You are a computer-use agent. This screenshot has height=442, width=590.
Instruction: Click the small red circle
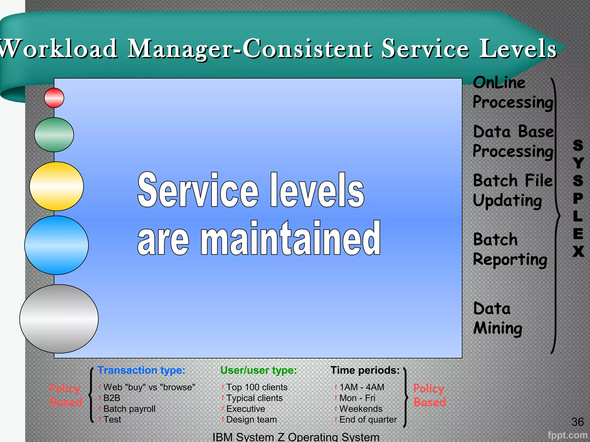coord(54,98)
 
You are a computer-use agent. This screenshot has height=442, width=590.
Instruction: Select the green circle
coord(54,135)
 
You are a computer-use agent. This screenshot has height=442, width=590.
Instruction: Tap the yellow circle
coord(56,186)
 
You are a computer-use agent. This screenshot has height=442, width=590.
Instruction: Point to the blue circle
coord(56,245)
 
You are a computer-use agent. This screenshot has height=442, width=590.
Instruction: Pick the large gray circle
coord(59,319)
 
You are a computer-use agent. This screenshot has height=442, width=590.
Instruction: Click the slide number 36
coord(577,422)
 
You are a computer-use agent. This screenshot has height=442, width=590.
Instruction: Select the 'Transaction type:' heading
coord(141,370)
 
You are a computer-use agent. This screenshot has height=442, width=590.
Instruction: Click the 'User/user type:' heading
coord(258,370)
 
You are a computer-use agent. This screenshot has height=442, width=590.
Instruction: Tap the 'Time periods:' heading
coord(365,370)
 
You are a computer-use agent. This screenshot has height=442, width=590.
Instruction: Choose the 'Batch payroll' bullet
coord(129,409)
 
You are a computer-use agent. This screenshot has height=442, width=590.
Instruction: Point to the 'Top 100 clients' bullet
coord(257,387)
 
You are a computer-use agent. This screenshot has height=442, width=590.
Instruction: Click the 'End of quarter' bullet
coord(368,420)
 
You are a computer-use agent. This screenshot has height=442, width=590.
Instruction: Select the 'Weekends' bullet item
coord(361,409)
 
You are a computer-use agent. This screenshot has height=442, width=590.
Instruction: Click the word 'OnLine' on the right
coord(499,83)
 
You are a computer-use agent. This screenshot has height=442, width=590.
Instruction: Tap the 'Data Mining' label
coord(497,318)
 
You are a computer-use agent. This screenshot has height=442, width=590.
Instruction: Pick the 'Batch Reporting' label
coord(510,249)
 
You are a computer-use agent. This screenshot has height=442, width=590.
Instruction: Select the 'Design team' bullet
coord(251,420)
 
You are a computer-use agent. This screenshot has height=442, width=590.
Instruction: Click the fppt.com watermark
coord(567,435)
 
